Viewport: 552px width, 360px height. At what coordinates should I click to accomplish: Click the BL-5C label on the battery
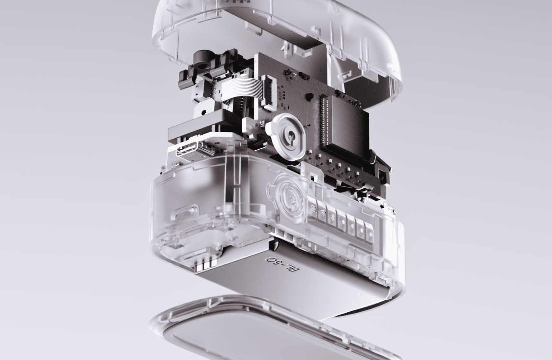283,267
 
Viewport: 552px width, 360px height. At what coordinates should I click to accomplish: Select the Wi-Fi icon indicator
322,213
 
